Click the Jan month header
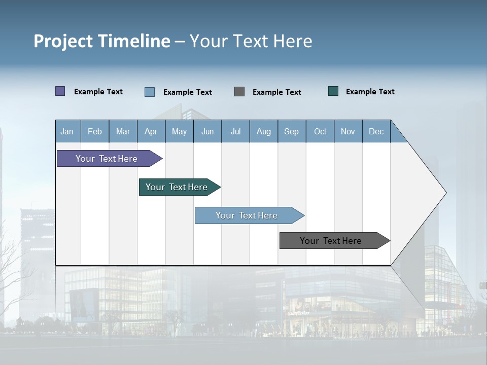tap(67, 131)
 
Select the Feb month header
tap(95, 131)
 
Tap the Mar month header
tap(123, 131)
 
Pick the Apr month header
tap(151, 131)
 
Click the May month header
tap(179, 131)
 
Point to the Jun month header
tap(207, 131)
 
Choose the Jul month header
tap(235, 131)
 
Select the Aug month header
tap(264, 131)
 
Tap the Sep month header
tap(292, 131)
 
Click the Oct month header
tap(320, 131)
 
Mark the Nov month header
tap(348, 131)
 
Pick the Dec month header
tap(376, 131)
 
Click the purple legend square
tap(60, 91)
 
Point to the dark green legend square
tap(333, 91)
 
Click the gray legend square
tap(239, 92)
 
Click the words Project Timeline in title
tap(102, 41)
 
